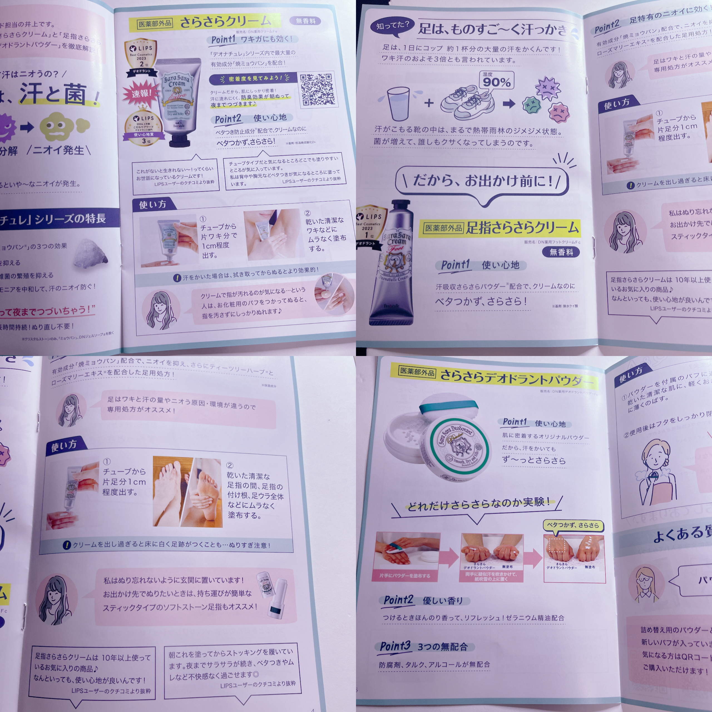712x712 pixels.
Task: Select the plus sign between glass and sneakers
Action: [x=429, y=103]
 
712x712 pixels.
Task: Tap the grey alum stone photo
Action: [x=90, y=253]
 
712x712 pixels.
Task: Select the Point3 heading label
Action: [x=395, y=646]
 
